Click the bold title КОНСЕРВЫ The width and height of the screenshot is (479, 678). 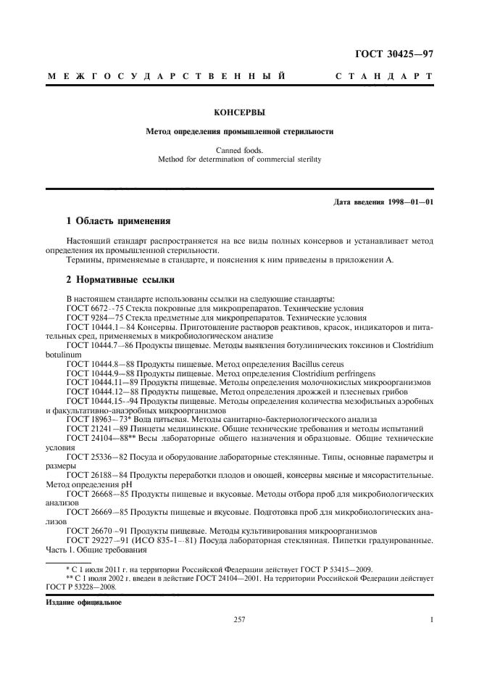pyautogui.click(x=239, y=113)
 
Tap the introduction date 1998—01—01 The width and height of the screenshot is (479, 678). pyautogui.click(x=409, y=202)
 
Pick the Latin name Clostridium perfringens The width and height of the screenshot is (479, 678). pyautogui.click(x=329, y=372)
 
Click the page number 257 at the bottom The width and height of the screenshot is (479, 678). pyautogui.click(x=239, y=620)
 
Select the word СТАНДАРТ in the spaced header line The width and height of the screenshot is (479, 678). pyautogui.click(x=385, y=75)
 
